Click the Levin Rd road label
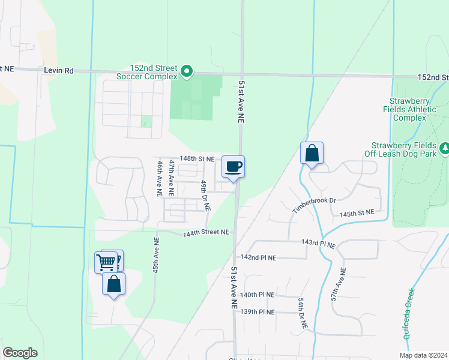58,70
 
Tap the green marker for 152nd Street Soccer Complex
187,72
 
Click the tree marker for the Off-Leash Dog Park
445,148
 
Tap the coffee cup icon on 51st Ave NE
233,166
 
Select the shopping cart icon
106,262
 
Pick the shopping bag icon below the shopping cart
113,284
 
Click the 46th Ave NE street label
160,179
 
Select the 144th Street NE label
206,232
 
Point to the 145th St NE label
357,213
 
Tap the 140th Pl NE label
257,295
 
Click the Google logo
20,353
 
